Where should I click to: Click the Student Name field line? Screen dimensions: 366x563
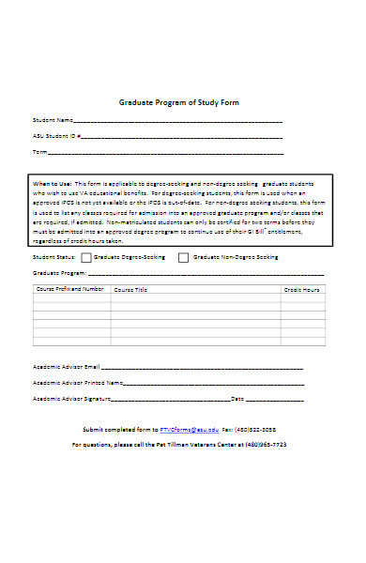click(178, 122)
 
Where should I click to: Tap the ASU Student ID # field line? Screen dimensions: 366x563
click(183, 137)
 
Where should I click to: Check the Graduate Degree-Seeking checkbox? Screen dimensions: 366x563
click(86, 256)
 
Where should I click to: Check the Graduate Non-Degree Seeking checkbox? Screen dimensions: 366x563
click(185, 256)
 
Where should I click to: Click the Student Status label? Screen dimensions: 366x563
click(53, 256)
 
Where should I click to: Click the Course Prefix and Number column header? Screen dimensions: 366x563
click(69, 290)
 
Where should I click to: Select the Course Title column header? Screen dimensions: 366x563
click(131, 290)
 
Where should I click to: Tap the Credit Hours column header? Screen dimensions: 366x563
click(302, 290)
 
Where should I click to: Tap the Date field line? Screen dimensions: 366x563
click(274, 400)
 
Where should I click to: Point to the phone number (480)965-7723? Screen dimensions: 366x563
click(266, 444)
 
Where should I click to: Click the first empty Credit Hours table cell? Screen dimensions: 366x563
click(302, 300)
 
